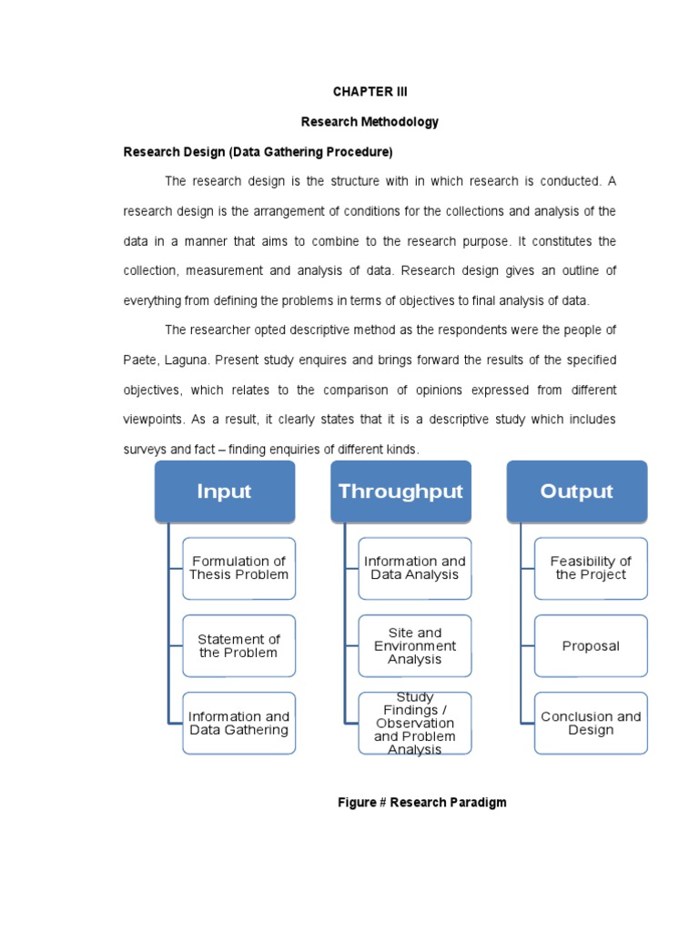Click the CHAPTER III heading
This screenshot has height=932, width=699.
point(370,92)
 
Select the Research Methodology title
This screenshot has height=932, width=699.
point(370,121)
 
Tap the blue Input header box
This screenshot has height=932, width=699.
point(224,491)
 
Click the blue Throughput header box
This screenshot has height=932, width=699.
point(400,491)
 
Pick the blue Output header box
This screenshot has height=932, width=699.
point(576,491)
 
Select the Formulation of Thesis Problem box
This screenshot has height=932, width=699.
point(238,568)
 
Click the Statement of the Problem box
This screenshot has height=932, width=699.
point(238,646)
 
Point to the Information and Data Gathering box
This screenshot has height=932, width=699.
point(238,724)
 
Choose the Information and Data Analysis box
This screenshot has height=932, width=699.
point(415,568)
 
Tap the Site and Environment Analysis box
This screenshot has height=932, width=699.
point(415,646)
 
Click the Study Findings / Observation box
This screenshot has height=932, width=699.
point(415,724)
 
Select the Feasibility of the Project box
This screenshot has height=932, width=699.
point(591,568)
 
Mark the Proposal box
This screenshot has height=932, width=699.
point(591,646)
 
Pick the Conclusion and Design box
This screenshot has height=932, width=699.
point(591,724)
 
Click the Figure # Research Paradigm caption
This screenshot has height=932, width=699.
point(421,802)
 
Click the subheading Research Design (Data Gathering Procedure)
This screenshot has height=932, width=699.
point(258,151)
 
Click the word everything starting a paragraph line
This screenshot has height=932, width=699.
point(155,300)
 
